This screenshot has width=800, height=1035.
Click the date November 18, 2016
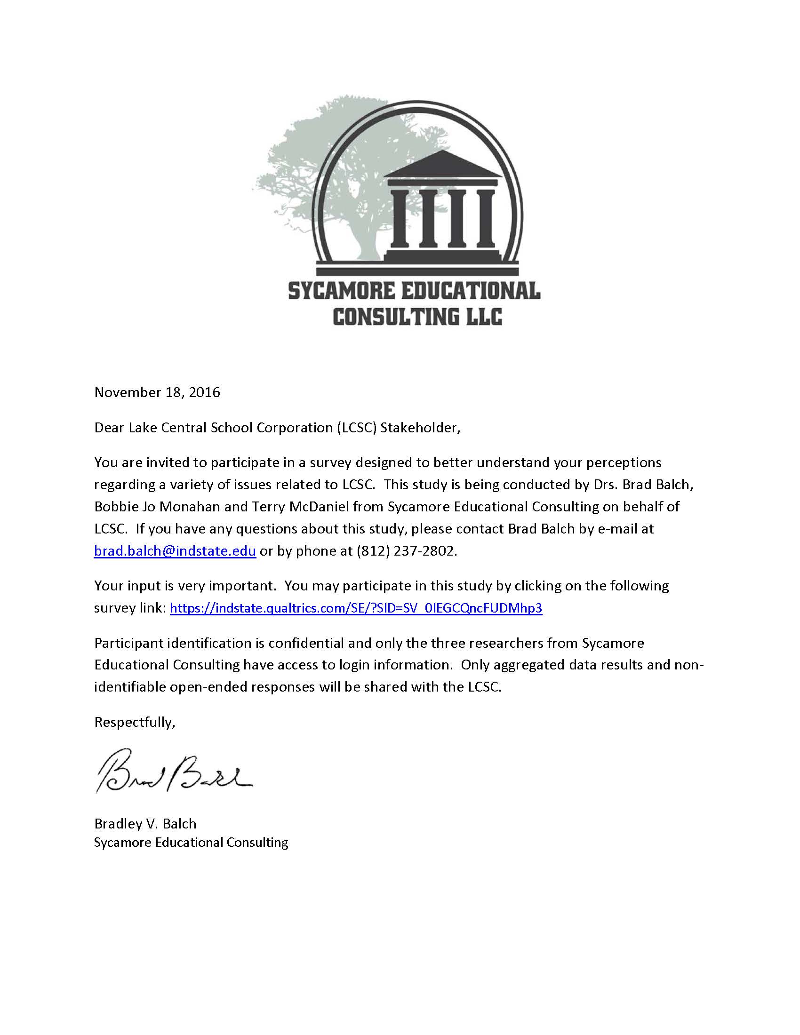click(x=157, y=392)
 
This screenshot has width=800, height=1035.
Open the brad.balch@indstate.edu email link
click(x=175, y=551)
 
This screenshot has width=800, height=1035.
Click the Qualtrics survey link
click(x=355, y=608)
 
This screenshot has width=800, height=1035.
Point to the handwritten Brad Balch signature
click(x=173, y=770)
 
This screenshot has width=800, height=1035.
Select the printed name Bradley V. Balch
click(x=145, y=824)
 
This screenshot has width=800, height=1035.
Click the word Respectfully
click(x=135, y=722)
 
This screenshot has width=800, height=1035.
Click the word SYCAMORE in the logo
click(x=341, y=290)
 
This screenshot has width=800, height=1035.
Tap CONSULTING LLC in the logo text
click(x=417, y=317)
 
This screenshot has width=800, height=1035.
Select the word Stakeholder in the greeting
click(x=419, y=428)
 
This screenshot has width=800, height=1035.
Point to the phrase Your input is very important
click(x=185, y=586)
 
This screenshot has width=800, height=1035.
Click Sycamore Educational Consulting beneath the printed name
click(x=191, y=842)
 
